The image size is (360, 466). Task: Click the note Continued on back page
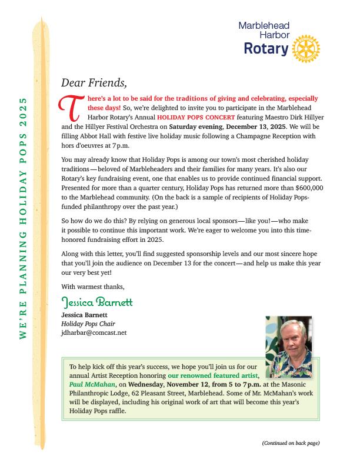point(291,442)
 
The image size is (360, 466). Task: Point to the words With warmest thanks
point(93,287)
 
